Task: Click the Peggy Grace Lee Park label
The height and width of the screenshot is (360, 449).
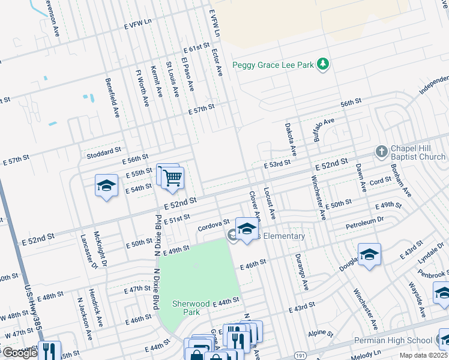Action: [x=273, y=65]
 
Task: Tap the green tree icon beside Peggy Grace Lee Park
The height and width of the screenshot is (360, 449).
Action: [x=324, y=64]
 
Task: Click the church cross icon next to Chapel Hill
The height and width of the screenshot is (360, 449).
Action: [x=381, y=152]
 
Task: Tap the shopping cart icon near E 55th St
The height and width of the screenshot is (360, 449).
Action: [x=172, y=177]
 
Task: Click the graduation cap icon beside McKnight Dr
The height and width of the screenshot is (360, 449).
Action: [x=106, y=185]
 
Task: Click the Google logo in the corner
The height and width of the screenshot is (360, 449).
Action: [x=19, y=353]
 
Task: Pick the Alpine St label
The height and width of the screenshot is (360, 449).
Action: [x=321, y=332]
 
